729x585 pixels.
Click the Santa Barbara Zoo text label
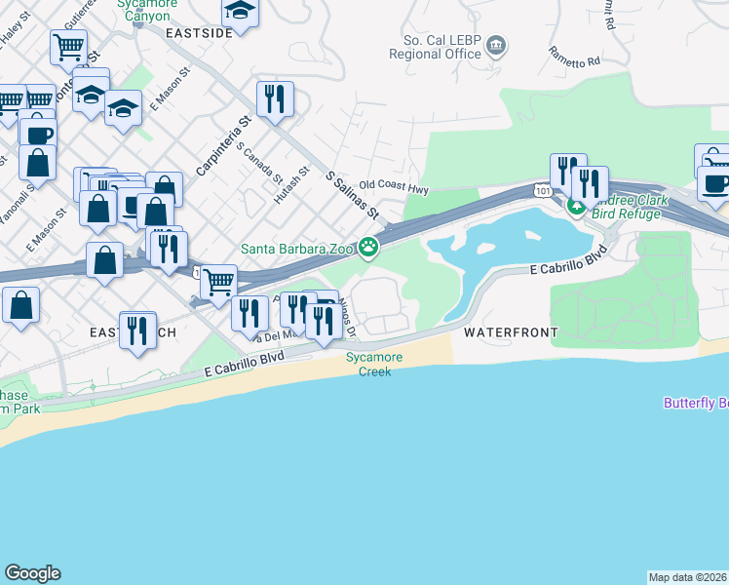pos(297,250)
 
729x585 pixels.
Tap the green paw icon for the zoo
pos(368,249)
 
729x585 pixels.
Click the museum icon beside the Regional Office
pos(497,45)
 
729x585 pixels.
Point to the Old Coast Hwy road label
pos(394,184)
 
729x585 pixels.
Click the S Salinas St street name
pos(351,195)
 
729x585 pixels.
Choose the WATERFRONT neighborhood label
pos(511,332)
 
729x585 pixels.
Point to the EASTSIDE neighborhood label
pos(199,32)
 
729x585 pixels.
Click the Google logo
pos(32,573)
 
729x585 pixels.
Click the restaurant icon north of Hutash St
pos(275,98)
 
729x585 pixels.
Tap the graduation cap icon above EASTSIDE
pos(239,11)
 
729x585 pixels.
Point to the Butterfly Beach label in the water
pos(696,403)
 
